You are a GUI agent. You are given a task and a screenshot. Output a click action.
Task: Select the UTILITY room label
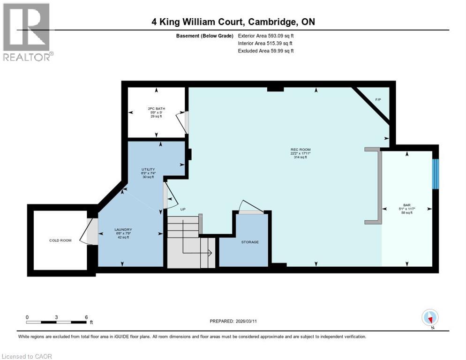pos(148,169)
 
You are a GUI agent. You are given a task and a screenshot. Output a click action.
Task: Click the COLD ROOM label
pos(60,240)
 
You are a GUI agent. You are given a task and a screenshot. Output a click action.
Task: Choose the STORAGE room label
pos(249,242)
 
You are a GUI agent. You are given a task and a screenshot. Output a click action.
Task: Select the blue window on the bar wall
pos(435,174)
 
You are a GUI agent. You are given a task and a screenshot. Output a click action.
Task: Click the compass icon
pos(429,317)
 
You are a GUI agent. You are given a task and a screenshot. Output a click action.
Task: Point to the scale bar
pos(56,322)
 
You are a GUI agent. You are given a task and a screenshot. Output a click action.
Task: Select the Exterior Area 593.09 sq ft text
pos(266,36)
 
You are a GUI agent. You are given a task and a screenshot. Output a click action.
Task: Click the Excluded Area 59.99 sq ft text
pos(266,51)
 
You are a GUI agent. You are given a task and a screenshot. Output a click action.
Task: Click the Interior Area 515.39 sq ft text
pos(266,43)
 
